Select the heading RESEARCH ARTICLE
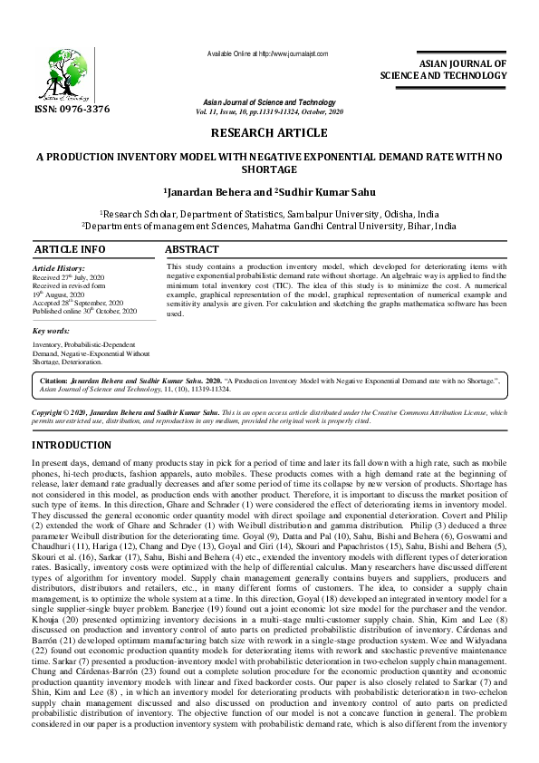click(x=268, y=133)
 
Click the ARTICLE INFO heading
click(x=69, y=249)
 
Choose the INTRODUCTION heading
click(x=72, y=446)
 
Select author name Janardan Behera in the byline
click(x=207, y=193)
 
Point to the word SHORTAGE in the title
click(x=269, y=169)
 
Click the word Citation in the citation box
click(x=56, y=382)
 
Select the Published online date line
click(x=83, y=311)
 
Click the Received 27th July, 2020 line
click(x=69, y=278)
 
